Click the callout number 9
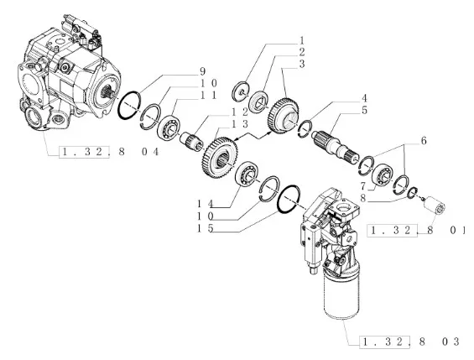coord(202,71)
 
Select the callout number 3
coord(301,64)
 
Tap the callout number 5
coord(364,110)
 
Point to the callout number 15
coord(206,228)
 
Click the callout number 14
coord(206,204)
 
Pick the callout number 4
coord(364,98)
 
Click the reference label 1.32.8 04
coord(109,151)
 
